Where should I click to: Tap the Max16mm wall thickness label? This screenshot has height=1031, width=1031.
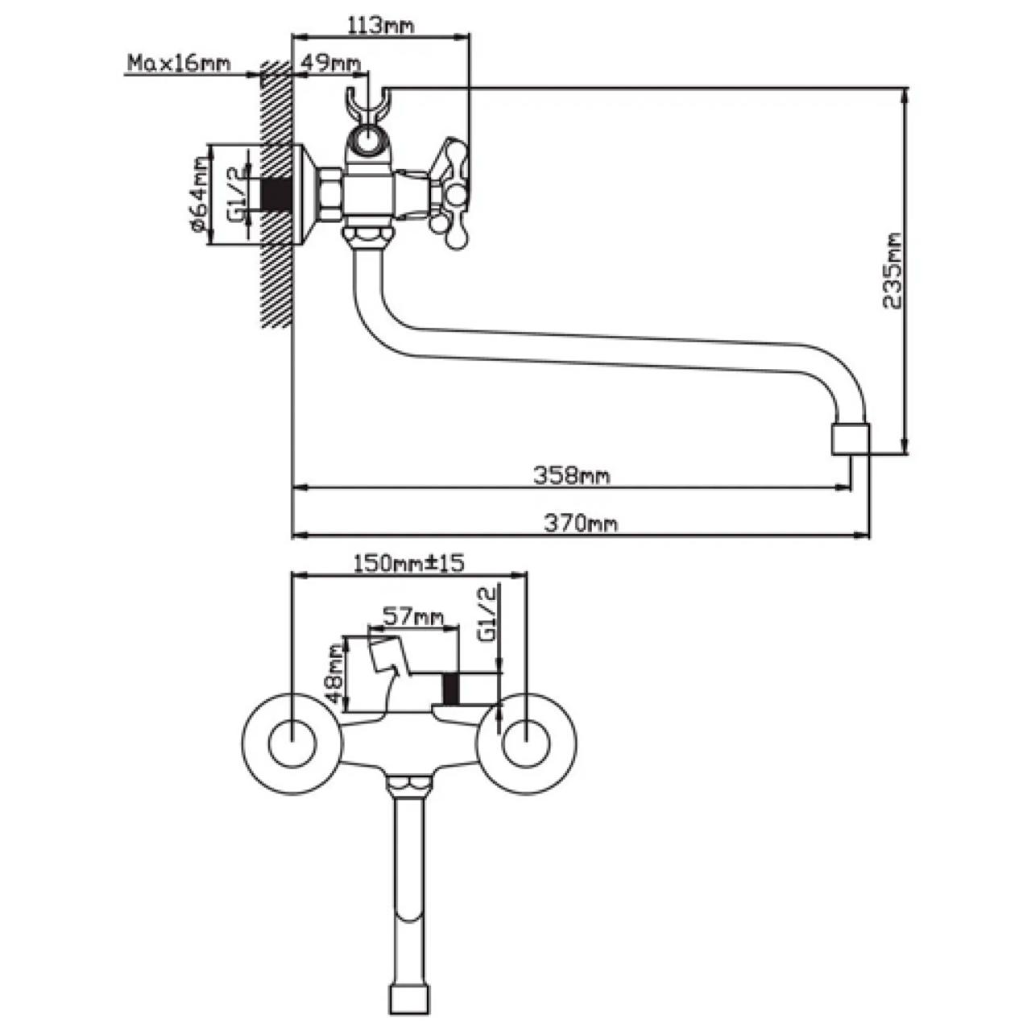coord(179,64)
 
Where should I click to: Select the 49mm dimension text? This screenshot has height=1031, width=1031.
coord(329,64)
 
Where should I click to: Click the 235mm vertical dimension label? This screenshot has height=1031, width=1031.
coord(892,271)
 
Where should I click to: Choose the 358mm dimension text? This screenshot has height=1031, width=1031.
coord(571,475)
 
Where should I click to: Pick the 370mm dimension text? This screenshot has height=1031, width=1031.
coord(581,524)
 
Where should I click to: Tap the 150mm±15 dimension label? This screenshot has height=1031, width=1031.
coord(408,563)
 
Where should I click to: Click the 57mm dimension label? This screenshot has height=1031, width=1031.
coord(412,617)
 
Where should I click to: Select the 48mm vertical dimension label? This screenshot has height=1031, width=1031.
coord(335,675)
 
